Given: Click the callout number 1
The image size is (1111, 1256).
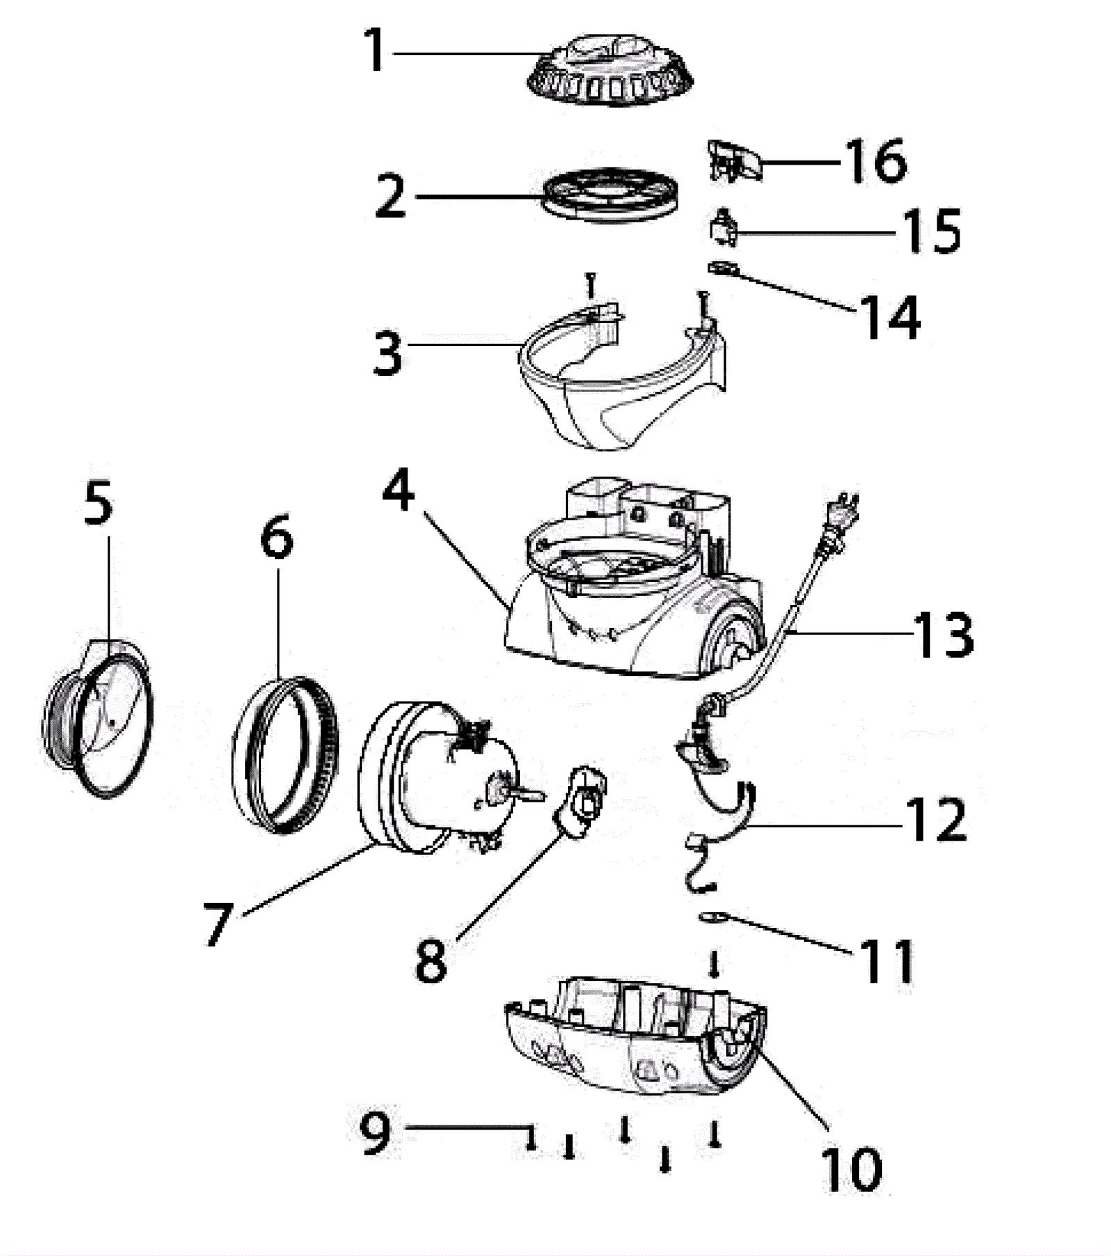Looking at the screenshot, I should click(376, 50).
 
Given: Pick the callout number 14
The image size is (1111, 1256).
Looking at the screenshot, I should click(890, 317).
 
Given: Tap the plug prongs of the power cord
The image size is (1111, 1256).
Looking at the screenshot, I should click(849, 502).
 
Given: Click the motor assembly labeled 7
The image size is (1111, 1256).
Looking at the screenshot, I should click(437, 778).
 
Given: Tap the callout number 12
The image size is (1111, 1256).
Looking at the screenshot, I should click(936, 820).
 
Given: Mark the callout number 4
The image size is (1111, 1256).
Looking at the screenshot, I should click(399, 492).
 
